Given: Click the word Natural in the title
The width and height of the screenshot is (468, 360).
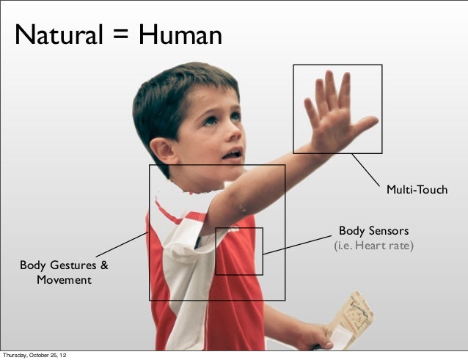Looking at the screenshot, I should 57,34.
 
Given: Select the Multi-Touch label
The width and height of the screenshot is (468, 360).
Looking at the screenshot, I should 417,190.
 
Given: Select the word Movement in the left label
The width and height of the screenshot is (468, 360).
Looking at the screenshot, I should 65,279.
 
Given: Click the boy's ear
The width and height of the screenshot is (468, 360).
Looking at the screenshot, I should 165,150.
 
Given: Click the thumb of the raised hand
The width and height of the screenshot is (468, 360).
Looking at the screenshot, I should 364,124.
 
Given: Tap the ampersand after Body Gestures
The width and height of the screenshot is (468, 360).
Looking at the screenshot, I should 103,265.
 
